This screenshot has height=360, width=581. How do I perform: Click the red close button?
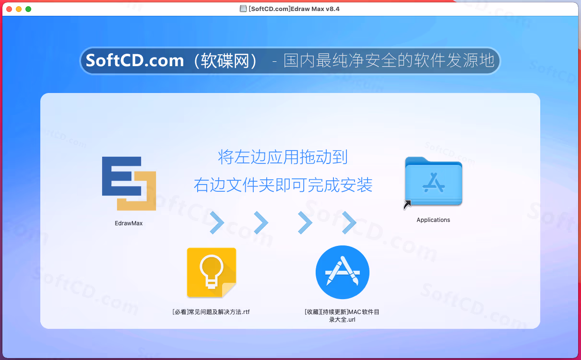(x=9, y=9)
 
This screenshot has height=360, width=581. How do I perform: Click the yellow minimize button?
(x=19, y=9)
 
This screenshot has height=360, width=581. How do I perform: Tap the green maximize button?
(x=28, y=9)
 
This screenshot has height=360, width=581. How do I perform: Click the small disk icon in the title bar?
(x=243, y=9)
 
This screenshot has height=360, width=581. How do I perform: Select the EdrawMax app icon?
(x=129, y=184)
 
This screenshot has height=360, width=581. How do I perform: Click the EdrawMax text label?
(x=129, y=223)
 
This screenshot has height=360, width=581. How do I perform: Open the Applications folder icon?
(x=433, y=181)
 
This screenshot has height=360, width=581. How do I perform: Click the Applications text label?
(x=433, y=220)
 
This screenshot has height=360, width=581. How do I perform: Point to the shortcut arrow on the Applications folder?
(x=407, y=204)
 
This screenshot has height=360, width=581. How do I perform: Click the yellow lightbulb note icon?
(x=212, y=272)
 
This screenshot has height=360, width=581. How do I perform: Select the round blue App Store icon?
(x=343, y=272)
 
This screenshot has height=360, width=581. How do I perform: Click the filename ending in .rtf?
(x=211, y=312)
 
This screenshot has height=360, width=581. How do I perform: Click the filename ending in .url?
(x=342, y=316)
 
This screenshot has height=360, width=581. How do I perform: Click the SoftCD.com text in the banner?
(x=135, y=60)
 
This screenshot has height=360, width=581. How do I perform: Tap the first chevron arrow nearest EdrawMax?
(x=217, y=222)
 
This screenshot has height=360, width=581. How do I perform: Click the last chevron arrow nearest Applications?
(x=349, y=222)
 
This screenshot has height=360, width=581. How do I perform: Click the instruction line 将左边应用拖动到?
(x=283, y=157)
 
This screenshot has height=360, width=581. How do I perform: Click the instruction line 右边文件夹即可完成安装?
(x=283, y=185)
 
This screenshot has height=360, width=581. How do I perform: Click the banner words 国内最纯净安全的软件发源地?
(x=389, y=60)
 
